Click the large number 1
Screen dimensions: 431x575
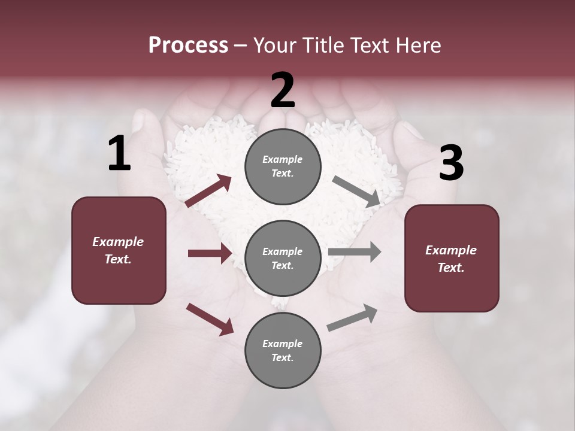tap(119, 154)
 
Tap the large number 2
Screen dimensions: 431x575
tap(283, 90)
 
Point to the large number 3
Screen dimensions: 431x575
tap(451, 163)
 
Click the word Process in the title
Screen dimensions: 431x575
tap(188, 45)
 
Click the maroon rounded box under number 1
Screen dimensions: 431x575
tap(119, 250)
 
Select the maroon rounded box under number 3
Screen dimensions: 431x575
tap(452, 258)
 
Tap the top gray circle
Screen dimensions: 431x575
tap(283, 166)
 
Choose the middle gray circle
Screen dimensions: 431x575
tap(283, 258)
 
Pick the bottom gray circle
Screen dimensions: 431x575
tap(283, 350)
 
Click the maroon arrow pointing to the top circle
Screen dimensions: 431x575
tap(208, 191)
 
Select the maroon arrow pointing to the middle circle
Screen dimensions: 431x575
tap(210, 253)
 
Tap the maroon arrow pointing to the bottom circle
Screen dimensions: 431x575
tap(210, 318)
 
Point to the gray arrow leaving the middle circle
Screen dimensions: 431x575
tap(355, 252)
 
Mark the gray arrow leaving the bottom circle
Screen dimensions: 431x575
tap(352, 318)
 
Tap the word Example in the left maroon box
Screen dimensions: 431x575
tap(118, 242)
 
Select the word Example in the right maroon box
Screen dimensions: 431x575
tap(451, 250)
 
